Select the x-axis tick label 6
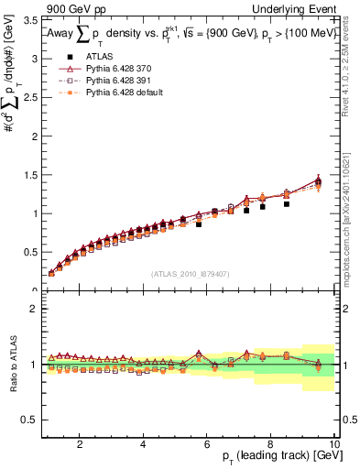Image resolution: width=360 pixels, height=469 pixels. [x=207, y=444]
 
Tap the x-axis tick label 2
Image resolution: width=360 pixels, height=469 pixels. [x=81, y=444]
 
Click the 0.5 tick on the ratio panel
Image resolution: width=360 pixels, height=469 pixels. [x=32, y=420]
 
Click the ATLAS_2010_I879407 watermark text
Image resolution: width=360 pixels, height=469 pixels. [x=190, y=274]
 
